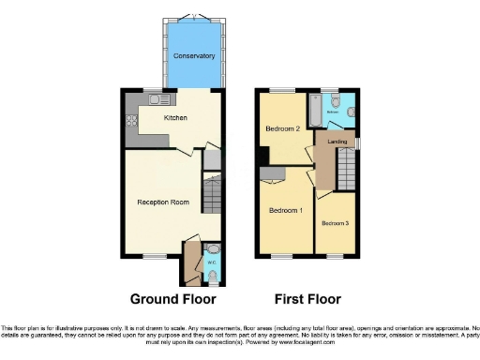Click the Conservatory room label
[194, 56]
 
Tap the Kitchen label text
[175, 118]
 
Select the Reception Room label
[164, 202]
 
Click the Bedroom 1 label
[286, 210]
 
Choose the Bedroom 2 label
[282, 128]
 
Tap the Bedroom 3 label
[336, 223]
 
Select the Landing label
[337, 142]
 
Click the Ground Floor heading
[173, 299]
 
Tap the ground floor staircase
[213, 196]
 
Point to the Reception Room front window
[155, 255]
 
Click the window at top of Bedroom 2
[281, 90]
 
